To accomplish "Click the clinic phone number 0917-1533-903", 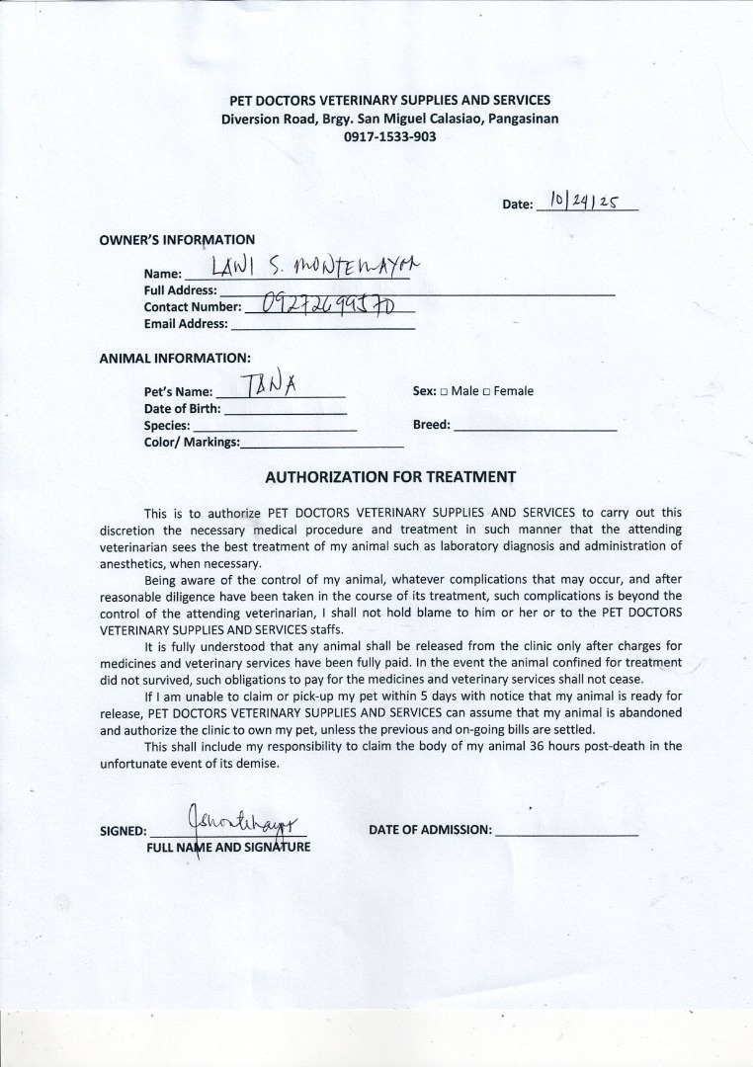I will click(x=389, y=137).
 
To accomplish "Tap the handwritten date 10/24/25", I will click(x=584, y=202).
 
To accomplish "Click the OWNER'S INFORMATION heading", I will click(x=177, y=240).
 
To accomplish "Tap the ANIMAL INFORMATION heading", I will click(x=175, y=358).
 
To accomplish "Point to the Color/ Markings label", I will click(x=192, y=442).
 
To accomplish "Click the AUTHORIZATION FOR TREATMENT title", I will click(x=390, y=477).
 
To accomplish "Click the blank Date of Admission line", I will click(x=566, y=835).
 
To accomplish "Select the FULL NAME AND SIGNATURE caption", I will click(x=228, y=848).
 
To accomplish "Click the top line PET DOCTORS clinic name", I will click(x=389, y=100).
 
